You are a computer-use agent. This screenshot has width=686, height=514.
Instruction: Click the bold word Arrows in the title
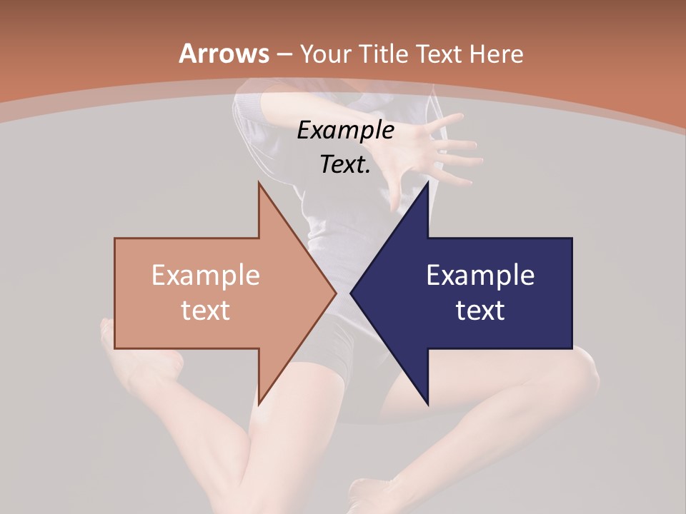(224, 54)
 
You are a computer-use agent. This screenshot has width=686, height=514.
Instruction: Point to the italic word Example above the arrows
(345, 130)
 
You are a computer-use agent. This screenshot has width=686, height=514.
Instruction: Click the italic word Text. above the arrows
(345, 165)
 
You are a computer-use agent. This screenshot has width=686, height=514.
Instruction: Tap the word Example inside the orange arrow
(205, 275)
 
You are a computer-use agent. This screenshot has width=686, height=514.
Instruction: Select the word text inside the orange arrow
(205, 310)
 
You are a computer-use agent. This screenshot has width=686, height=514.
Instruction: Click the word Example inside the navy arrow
(480, 275)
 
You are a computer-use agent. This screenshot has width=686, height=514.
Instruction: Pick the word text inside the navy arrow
(480, 310)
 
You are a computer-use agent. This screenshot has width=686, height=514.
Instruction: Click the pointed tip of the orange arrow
(336, 293)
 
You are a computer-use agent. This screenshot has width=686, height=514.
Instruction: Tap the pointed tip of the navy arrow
(351, 293)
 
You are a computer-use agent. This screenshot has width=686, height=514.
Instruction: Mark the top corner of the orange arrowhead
(259, 183)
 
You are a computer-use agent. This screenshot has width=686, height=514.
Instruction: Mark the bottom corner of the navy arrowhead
(427, 403)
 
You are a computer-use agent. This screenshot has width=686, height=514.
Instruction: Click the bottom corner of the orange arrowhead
(259, 403)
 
